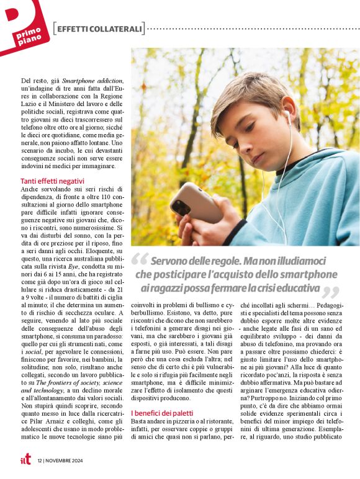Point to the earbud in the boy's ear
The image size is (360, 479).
click(286, 117)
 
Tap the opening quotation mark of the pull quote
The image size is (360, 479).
click(140, 261)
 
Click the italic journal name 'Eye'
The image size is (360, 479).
click(73, 266)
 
